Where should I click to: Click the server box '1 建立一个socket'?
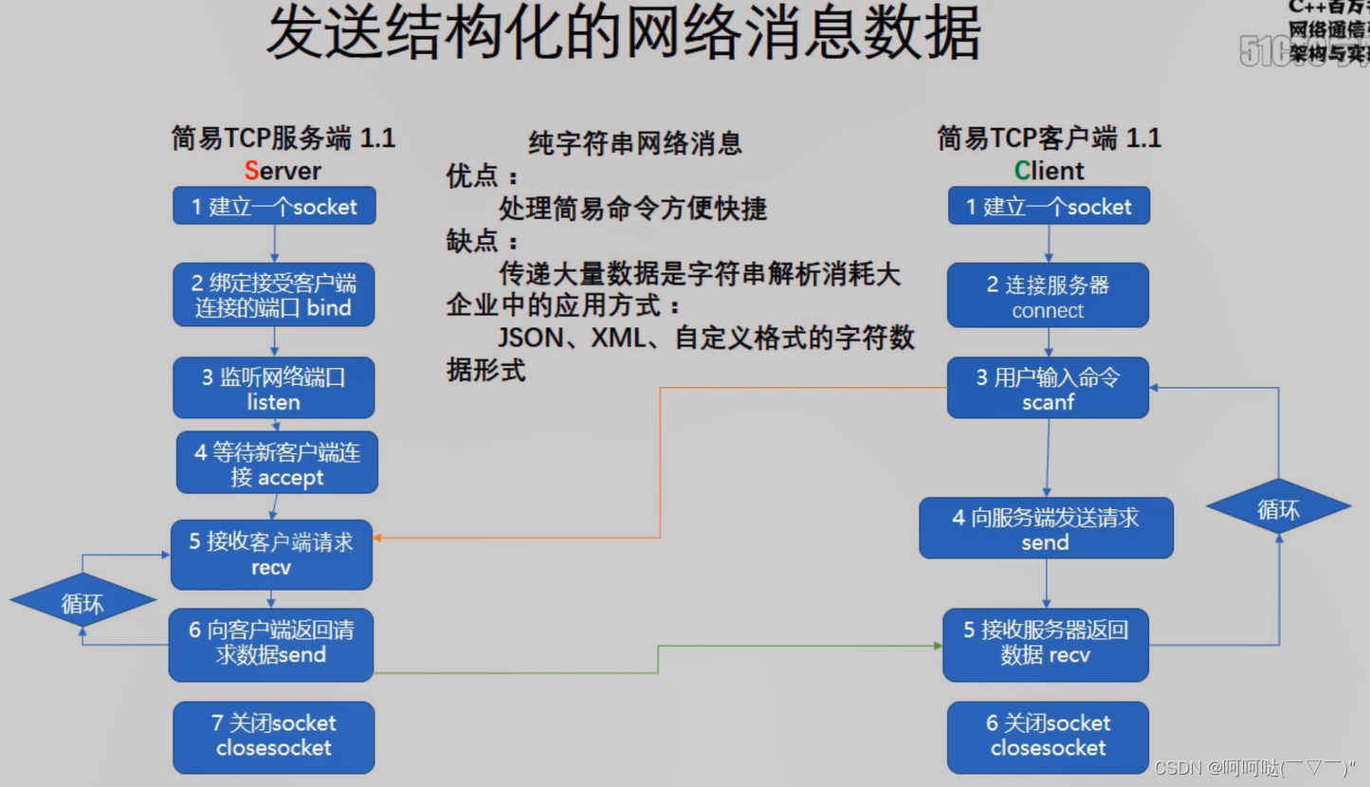coord(274,206)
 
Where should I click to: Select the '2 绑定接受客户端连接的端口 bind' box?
coord(274,295)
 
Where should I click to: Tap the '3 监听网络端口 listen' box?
coord(274,388)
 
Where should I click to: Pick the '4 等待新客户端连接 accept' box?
coord(277,464)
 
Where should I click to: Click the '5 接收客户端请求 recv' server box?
coord(271,555)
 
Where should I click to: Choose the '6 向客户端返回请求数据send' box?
coord(271,645)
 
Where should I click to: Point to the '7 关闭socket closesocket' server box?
coord(274,737)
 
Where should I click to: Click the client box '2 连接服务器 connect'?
coord(1048,296)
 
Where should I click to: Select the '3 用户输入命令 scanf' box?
coord(1048,388)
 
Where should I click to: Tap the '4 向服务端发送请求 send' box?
coord(1046,529)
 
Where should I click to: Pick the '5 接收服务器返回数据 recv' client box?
coord(1046,645)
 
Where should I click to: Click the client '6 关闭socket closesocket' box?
coord(1048,737)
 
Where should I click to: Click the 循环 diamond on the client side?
coord(1278,509)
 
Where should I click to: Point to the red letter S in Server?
coord(251,171)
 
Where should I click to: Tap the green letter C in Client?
coord(1022,171)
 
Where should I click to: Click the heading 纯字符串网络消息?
coord(634,143)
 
